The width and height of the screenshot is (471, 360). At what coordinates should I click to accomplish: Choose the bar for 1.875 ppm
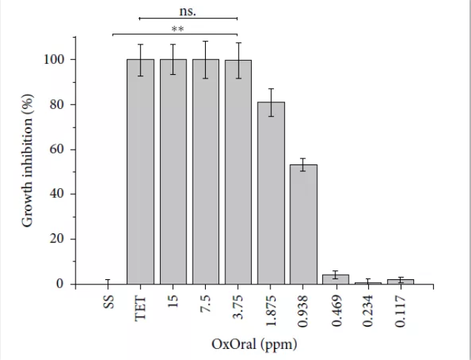coord(271,193)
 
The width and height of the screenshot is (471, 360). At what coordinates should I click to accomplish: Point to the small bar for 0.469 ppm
coord(336,280)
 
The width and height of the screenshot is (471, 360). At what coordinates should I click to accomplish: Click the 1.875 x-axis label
coord(271,310)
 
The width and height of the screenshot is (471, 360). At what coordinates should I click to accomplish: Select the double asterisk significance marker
coord(178,30)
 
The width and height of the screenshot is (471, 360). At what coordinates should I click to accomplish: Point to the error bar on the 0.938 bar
coord(304,164)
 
